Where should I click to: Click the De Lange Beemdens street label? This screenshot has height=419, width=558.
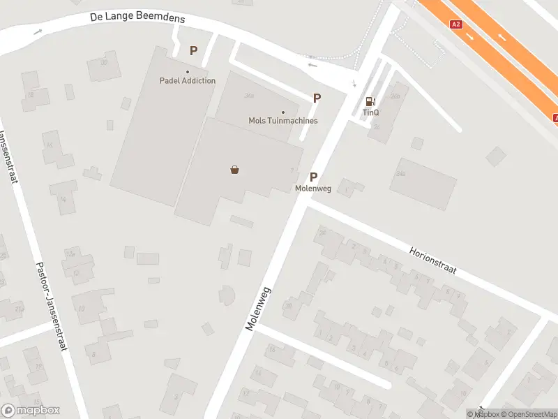[x=137, y=17]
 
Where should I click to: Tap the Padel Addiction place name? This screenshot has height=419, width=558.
[x=188, y=81]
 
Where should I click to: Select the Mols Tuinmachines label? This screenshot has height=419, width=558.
[x=283, y=121]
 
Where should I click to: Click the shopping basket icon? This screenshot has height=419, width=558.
[x=235, y=169]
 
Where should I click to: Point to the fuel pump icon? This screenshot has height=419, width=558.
[x=370, y=101]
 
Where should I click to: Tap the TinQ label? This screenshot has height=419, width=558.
[x=370, y=112]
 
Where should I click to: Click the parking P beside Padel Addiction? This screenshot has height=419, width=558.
[x=194, y=50]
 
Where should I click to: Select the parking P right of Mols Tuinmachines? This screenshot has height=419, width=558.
[x=317, y=98]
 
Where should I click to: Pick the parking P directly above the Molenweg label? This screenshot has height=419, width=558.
[x=314, y=177]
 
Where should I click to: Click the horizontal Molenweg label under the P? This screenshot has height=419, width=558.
[x=313, y=189]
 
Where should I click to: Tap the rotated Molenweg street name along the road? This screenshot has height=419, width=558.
[x=258, y=308]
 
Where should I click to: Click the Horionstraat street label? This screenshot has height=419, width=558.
[x=432, y=260]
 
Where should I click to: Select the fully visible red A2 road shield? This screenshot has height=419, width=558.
[x=456, y=24]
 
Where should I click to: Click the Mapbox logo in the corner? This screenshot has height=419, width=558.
[x=31, y=411]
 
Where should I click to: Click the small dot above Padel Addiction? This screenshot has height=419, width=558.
[x=188, y=71]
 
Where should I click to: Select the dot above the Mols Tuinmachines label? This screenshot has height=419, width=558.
[x=283, y=112]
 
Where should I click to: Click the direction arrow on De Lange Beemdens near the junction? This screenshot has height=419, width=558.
[x=312, y=66]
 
